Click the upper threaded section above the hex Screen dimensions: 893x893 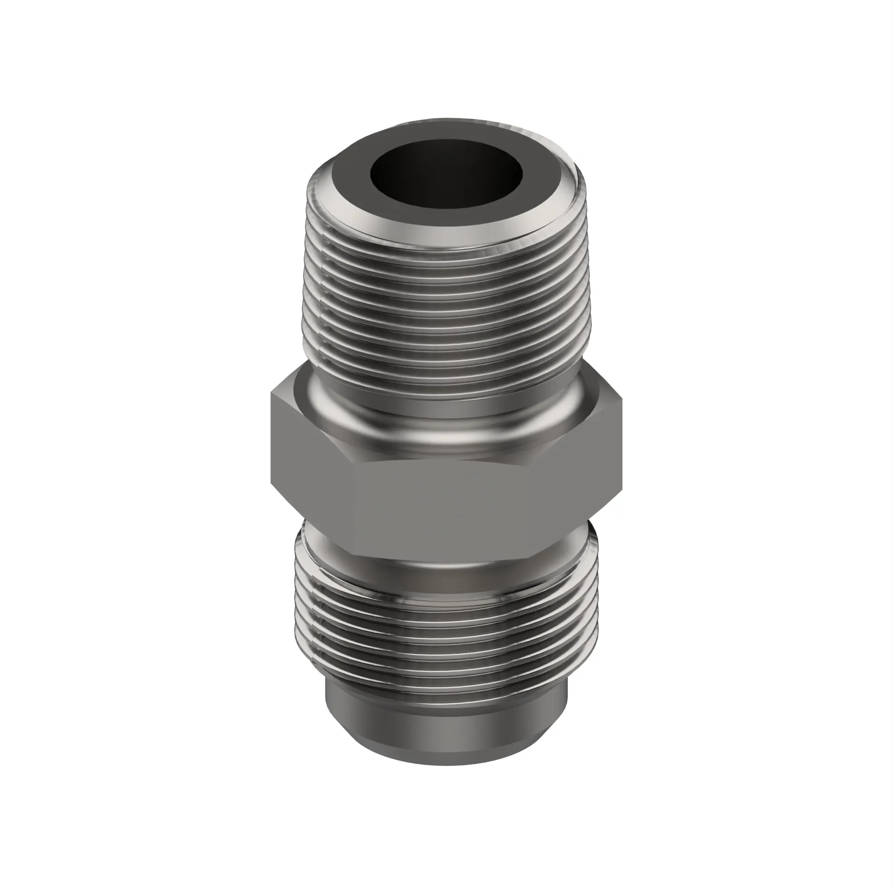(446, 314)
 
